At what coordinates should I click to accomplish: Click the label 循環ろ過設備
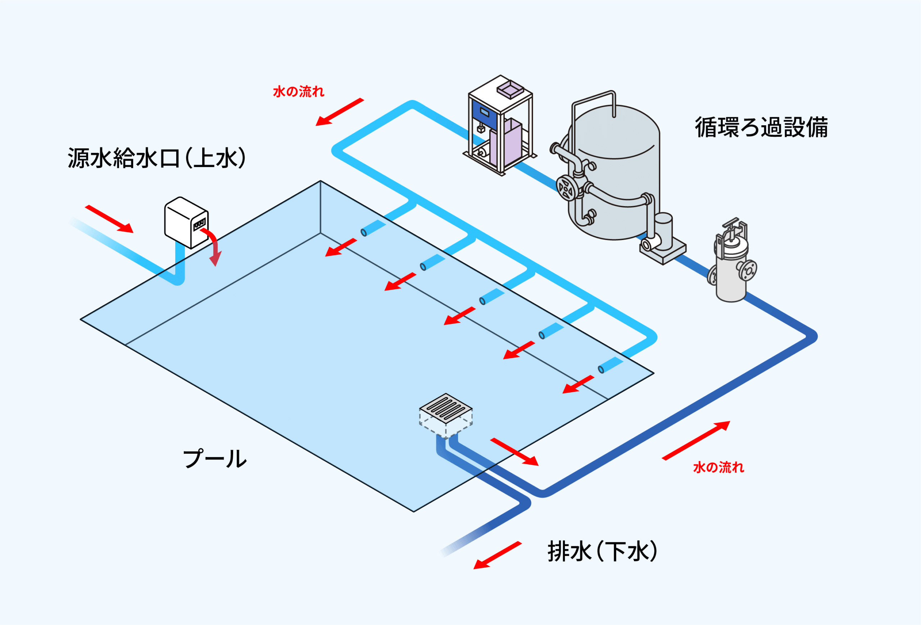[761, 127]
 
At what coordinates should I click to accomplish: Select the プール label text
[215, 458]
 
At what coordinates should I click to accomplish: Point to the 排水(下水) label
[602, 551]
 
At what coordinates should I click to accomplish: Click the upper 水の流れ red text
[298, 91]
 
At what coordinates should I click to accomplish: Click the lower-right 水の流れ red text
[718, 468]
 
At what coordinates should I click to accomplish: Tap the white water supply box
[186, 222]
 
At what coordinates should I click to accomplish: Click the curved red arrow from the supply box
[214, 246]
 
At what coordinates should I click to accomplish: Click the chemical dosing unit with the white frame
[500, 125]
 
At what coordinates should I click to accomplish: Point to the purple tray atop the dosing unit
[511, 90]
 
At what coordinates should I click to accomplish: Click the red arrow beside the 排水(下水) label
[497, 555]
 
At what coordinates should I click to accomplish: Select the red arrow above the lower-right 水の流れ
[696, 440]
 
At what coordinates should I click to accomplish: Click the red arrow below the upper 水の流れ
[339, 112]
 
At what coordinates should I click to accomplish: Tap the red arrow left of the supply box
[109, 219]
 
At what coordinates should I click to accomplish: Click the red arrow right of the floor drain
[514, 452]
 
